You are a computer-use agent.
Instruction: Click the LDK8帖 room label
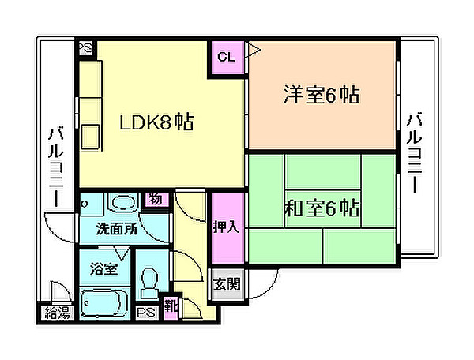click(x=156, y=122)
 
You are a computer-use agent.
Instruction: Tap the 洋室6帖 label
click(x=322, y=95)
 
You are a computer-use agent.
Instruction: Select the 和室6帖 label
click(x=322, y=208)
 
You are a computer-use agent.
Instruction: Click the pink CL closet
click(x=227, y=58)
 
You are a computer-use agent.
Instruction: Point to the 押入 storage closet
click(x=227, y=227)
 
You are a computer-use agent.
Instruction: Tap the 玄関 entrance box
click(x=227, y=284)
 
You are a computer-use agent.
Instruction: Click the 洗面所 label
click(x=117, y=229)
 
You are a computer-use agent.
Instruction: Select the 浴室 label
click(x=104, y=268)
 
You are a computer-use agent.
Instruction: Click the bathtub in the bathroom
click(x=104, y=303)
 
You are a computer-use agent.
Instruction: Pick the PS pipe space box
click(x=147, y=313)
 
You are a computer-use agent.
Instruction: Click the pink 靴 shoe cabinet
click(x=171, y=307)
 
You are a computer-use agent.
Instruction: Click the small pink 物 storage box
click(x=156, y=199)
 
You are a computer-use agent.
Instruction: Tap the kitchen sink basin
click(x=91, y=137)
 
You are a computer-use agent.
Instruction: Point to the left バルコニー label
click(x=56, y=167)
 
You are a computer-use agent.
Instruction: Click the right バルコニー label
click(x=414, y=153)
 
